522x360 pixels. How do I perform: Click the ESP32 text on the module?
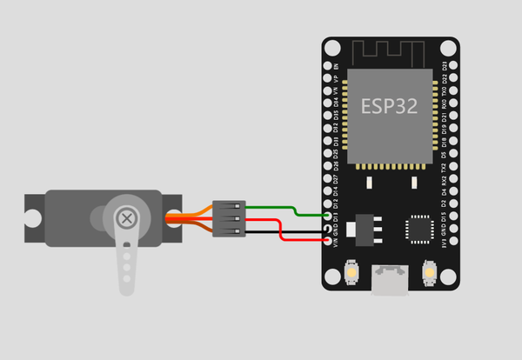pos(389,106)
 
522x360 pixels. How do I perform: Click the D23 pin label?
pos(444,66)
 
